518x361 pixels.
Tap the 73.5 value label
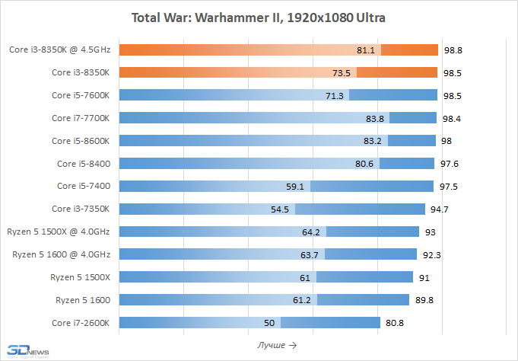click(342, 73)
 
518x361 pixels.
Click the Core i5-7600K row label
click(81, 95)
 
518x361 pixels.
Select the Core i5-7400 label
click(84, 186)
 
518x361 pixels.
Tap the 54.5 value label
click(280, 209)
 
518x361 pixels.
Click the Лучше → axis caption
click(277, 345)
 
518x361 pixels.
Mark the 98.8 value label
click(453, 50)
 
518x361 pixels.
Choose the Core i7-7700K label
click(81, 118)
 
